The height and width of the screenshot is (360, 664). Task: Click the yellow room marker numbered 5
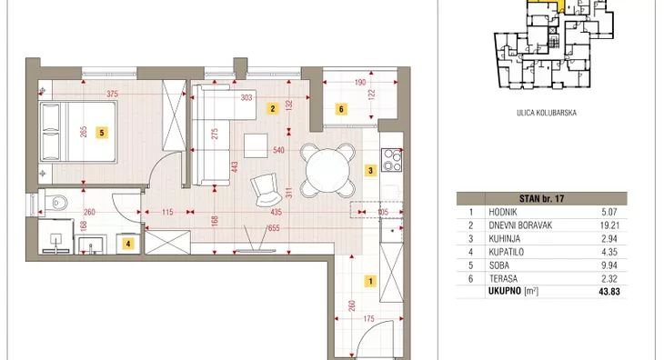(x=102, y=133)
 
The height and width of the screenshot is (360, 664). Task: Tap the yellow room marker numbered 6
(x=341, y=109)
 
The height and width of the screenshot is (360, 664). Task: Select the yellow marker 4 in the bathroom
(x=128, y=244)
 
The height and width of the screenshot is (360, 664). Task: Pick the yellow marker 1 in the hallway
(x=370, y=281)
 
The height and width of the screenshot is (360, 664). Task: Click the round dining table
(x=327, y=171)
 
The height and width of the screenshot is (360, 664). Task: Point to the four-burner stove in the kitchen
(x=392, y=160)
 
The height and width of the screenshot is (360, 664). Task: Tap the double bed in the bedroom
(x=78, y=132)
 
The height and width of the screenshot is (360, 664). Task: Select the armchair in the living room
(x=266, y=190)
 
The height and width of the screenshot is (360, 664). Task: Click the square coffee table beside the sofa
(x=256, y=146)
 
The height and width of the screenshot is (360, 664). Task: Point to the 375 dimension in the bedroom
(x=112, y=94)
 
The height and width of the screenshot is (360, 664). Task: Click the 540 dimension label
(x=278, y=150)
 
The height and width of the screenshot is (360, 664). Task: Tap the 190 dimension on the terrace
(x=360, y=83)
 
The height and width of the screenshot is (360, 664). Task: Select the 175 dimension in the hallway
(x=369, y=318)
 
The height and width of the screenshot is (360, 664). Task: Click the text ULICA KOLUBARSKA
(x=547, y=113)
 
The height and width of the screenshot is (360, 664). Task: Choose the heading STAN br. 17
(x=541, y=198)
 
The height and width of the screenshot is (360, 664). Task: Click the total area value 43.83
(x=609, y=292)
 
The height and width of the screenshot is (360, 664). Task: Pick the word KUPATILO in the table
(x=506, y=252)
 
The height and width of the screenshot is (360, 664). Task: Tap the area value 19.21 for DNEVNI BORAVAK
(x=609, y=225)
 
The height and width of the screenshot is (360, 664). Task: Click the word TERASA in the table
(x=503, y=279)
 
